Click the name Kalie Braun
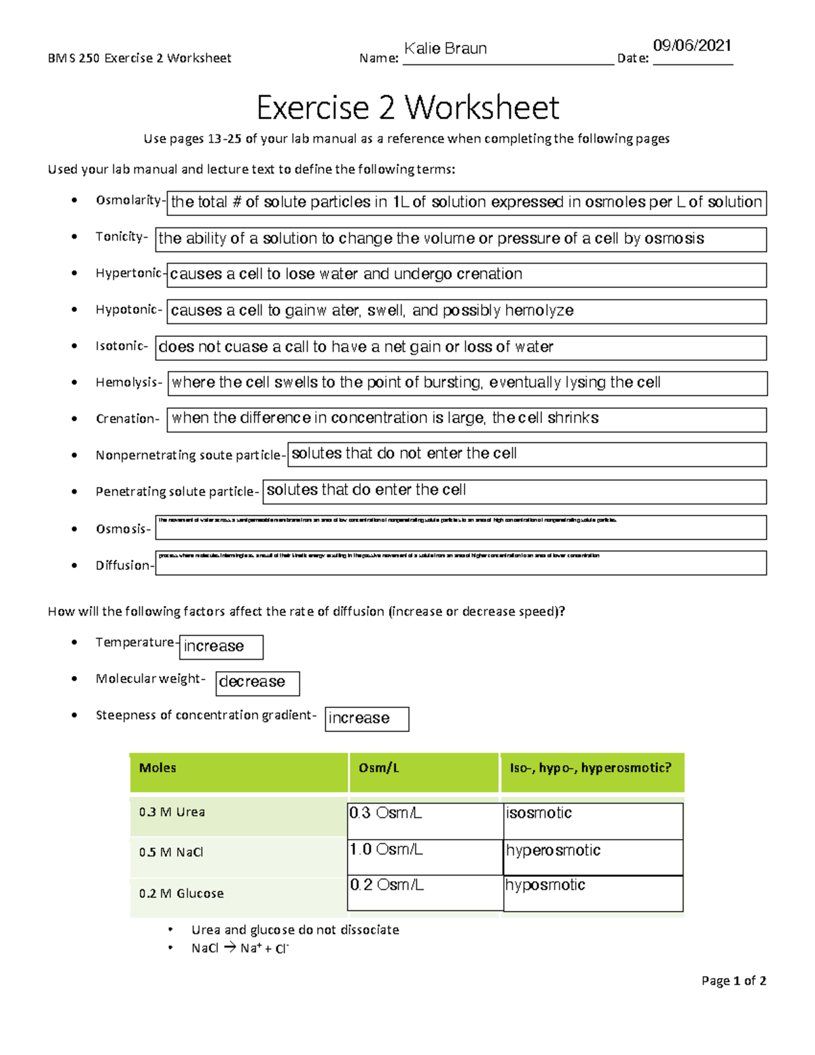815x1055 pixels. pos(446,49)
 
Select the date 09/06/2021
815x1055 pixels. pos(691,46)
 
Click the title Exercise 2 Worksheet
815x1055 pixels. pos(407,107)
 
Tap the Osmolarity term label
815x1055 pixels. pos(128,200)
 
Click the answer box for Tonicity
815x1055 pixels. pos(460,239)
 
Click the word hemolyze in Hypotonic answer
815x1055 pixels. pos(539,311)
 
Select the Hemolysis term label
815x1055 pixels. pos(128,382)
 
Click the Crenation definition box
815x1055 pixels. pos(467,419)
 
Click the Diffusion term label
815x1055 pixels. pos(124,565)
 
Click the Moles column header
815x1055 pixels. pos(158,768)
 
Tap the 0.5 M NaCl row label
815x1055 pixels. pos(171,853)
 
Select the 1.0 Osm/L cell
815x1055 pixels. pos(386,850)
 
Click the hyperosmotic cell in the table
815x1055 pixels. pos(554,851)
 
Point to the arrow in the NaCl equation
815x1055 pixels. pos(229,948)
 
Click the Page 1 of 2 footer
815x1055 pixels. pos(733,981)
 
